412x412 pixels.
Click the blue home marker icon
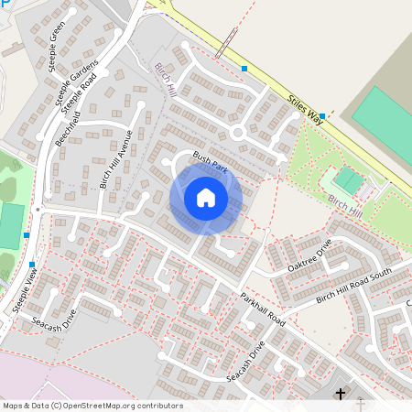[x=206, y=198]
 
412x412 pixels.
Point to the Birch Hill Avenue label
[x=116, y=158]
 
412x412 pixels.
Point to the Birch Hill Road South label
[x=353, y=285]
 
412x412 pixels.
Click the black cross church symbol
[x=341, y=395]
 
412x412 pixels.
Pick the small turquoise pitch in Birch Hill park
[x=348, y=179]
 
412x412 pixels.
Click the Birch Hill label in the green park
[x=346, y=202]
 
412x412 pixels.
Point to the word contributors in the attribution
[x=162, y=406]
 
